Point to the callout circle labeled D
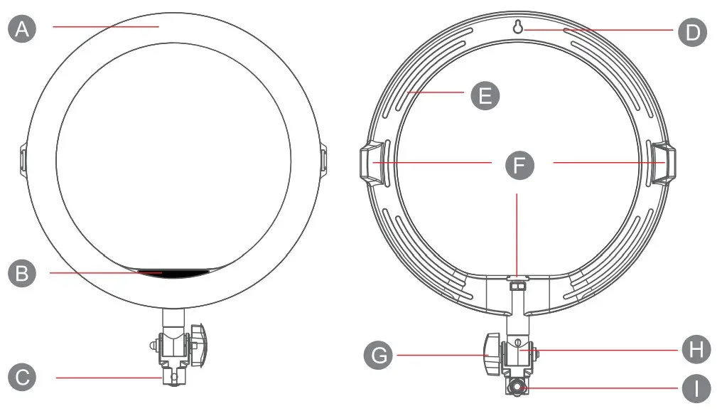pos(692,31)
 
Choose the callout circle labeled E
pos(485,95)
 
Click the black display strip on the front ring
pos(173,272)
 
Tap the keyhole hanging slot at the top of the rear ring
pos(519,27)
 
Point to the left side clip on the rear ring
pos(370,161)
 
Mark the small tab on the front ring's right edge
pos(322,159)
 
